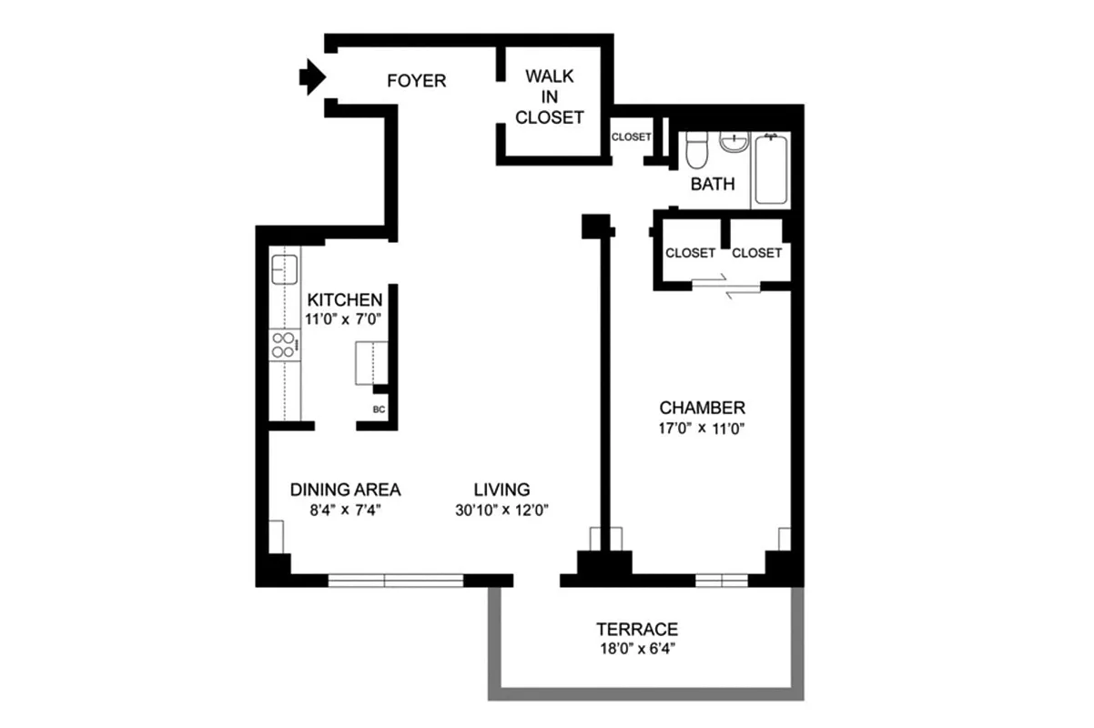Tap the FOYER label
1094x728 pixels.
[416, 81]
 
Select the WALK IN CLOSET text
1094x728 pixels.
[549, 96]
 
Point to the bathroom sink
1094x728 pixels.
[733, 142]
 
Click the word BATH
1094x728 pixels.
[713, 185]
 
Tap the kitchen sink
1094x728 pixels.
[285, 270]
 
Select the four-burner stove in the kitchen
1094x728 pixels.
[284, 345]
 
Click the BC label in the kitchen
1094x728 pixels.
[380, 409]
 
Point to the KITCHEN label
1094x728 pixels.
[344, 300]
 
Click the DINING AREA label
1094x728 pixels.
[345, 490]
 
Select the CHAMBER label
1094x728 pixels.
[703, 408]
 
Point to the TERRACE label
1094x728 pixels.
[637, 629]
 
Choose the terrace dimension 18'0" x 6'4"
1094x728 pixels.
[637, 649]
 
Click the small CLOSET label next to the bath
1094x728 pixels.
[631, 137]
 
